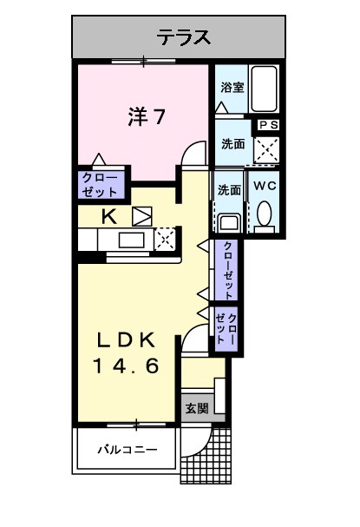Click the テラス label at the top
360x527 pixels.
tap(184, 36)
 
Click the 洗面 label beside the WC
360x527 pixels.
tap(229, 190)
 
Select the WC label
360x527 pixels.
tap(264, 187)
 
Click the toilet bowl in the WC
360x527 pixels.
tap(264, 213)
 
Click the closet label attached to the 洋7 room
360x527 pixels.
tap(101, 183)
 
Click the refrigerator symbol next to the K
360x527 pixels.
tap(141, 216)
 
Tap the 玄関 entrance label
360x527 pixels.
tap(197, 408)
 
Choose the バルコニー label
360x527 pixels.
tap(127, 449)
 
